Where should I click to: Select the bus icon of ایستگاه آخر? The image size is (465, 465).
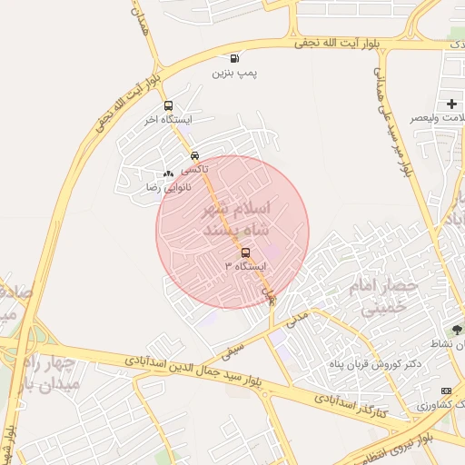(x=167, y=106)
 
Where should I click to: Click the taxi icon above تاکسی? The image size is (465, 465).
(x=195, y=156)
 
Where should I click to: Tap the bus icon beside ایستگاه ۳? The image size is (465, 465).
(x=246, y=253)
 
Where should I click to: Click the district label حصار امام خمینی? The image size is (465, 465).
(x=382, y=297)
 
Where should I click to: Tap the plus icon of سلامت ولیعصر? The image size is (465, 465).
(x=451, y=104)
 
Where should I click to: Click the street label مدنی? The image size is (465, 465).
(x=298, y=319)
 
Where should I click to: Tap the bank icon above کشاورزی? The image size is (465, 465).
(x=445, y=390)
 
